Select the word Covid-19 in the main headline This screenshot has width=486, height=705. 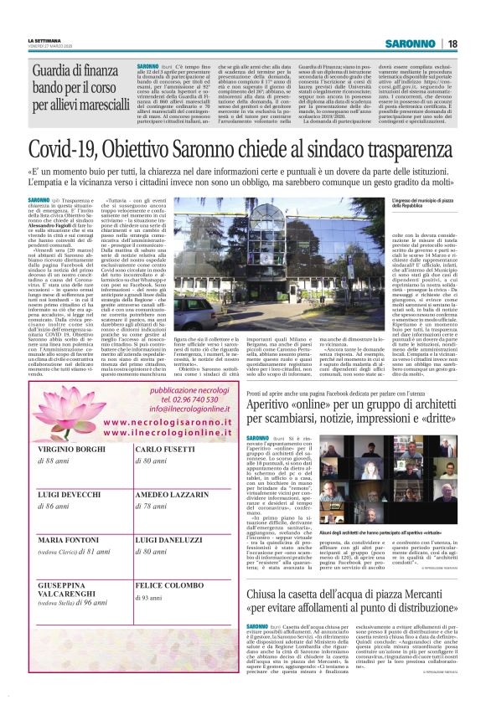62,151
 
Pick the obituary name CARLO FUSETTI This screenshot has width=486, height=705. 166,450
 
